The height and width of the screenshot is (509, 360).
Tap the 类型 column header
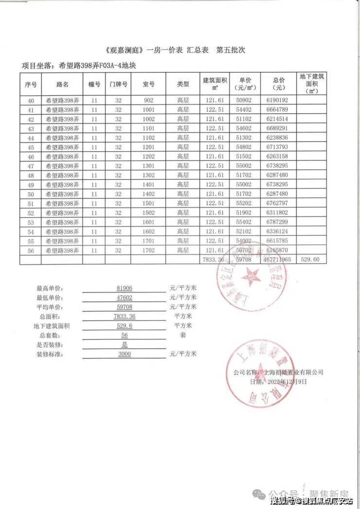tap(183, 84)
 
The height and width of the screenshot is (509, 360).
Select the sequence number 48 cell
tap(31, 175)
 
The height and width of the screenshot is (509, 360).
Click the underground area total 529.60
tap(310, 260)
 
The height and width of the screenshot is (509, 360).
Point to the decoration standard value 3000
tap(125, 354)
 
